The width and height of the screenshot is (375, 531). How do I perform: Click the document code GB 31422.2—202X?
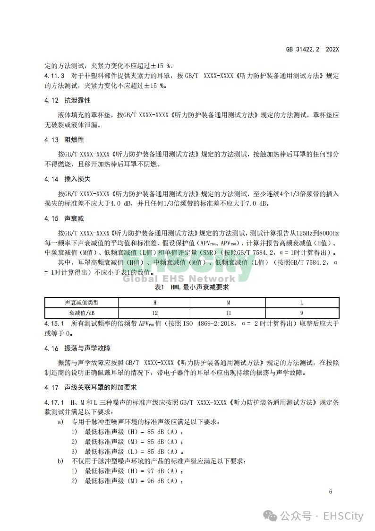(x=313, y=49)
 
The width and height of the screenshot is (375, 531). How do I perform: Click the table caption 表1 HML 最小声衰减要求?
(x=192, y=287)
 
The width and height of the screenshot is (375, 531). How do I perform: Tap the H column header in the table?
(x=155, y=303)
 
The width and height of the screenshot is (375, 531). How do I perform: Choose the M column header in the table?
(x=229, y=303)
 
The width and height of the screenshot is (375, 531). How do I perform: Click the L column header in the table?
(x=302, y=303)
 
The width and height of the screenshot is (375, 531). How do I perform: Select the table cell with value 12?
(x=155, y=313)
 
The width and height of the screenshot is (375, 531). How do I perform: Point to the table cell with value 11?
(x=229, y=313)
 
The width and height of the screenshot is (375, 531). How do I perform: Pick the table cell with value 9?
(x=302, y=313)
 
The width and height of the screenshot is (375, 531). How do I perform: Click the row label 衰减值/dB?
(x=82, y=313)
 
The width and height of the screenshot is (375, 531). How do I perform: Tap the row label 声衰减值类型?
(x=82, y=303)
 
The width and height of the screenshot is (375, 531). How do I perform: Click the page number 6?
(x=331, y=492)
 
